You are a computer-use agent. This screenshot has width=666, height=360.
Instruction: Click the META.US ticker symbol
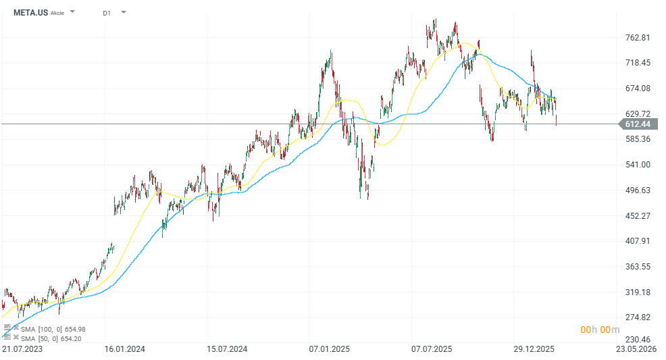30,12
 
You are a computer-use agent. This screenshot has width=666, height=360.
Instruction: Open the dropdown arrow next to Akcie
72,12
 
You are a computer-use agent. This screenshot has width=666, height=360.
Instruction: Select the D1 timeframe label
107,13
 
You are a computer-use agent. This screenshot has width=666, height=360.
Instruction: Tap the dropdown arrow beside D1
123,12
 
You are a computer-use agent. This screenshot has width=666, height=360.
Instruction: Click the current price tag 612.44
637,124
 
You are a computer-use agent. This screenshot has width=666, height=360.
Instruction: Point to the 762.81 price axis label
637,38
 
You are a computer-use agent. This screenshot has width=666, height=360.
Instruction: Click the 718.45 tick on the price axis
637,63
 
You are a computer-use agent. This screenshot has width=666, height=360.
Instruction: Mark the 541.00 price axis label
637,165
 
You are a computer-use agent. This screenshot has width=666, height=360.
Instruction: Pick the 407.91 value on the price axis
637,241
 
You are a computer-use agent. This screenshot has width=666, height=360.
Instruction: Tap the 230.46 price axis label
637,339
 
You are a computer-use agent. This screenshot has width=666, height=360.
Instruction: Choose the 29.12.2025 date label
534,349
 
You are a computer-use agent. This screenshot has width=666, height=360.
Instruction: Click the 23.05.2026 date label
638,349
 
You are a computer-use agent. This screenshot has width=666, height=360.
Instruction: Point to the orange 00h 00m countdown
600,330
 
